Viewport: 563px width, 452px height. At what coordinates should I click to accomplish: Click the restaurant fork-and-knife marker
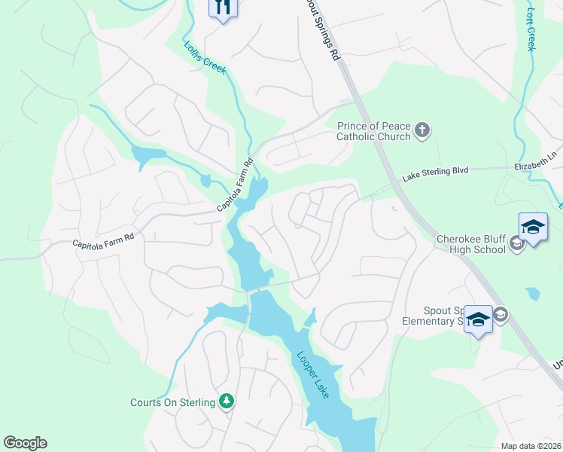tap(223, 8)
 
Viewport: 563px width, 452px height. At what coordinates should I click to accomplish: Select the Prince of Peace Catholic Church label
tap(373, 131)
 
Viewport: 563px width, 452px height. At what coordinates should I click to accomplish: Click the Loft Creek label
tap(533, 29)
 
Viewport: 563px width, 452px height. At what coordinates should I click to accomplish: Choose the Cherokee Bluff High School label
tap(471, 246)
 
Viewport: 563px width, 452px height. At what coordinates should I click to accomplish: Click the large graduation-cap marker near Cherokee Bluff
tap(533, 228)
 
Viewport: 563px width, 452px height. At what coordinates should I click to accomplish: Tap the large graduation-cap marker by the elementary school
tap(478, 319)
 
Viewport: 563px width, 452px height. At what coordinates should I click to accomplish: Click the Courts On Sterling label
tap(172, 402)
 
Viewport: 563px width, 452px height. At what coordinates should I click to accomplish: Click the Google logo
tap(25, 443)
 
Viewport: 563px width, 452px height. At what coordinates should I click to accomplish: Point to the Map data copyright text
tap(530, 445)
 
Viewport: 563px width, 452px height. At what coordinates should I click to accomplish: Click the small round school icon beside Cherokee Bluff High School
tap(517, 243)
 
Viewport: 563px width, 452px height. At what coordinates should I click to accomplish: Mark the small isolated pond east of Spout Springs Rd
tap(533, 293)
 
